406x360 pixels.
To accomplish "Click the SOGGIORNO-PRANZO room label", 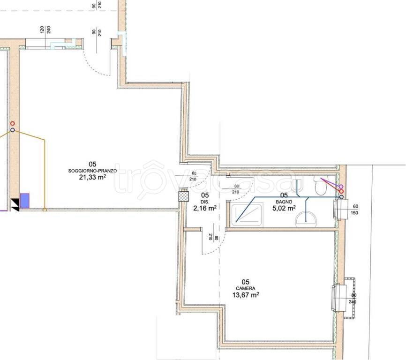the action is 92,171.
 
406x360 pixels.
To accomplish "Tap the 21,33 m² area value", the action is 93,177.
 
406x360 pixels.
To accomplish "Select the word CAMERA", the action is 246,288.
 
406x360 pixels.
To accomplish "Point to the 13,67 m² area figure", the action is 246,295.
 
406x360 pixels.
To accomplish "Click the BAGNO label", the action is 284,202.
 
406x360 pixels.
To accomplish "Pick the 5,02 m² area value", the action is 284,208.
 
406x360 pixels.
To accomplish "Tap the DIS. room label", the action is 204,202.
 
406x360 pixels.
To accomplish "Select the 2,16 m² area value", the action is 205,208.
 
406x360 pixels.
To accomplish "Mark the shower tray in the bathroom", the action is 247,215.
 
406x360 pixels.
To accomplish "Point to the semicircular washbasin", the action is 306,220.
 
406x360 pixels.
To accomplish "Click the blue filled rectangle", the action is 24,201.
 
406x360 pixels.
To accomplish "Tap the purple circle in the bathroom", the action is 341,187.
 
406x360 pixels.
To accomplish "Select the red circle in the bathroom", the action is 341,192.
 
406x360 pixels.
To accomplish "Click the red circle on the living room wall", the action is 13,124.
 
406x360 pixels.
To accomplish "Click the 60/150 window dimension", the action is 355,210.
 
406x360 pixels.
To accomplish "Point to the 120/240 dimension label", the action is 45,30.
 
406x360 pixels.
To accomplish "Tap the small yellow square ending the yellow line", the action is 45,210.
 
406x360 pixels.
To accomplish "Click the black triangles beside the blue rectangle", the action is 15,205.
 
